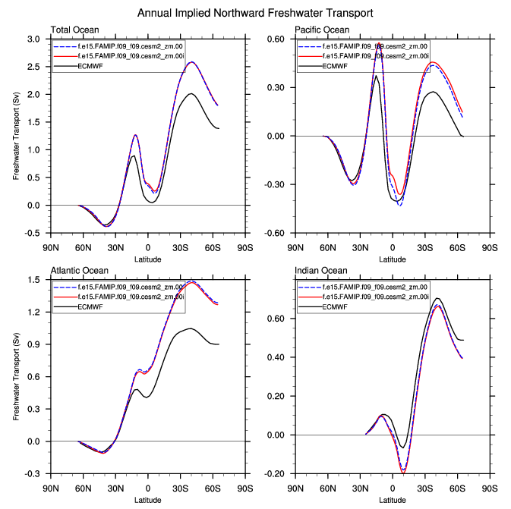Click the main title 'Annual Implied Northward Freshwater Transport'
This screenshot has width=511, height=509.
(x=256, y=13)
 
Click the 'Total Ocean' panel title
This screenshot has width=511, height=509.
(x=72, y=30)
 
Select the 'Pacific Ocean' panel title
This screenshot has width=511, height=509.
(x=323, y=30)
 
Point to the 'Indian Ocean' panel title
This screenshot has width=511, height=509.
(x=320, y=271)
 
